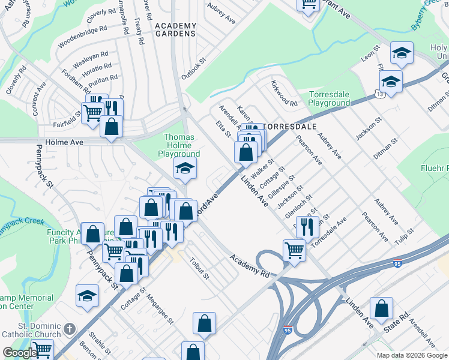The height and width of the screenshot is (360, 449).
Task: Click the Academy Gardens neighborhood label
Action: point(175,29)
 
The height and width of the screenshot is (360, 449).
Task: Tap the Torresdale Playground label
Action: point(329,99)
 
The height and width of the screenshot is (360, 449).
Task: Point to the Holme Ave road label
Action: point(54,145)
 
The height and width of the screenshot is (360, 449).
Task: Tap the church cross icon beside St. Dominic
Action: point(70,329)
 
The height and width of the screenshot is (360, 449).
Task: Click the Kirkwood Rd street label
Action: point(284,94)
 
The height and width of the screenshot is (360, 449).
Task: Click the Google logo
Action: point(19,353)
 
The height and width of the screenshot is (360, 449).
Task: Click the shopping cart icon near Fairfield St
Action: point(92,112)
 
